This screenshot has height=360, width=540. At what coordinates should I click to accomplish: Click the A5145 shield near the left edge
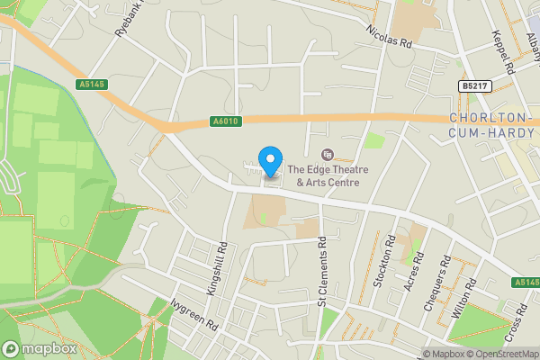point(91,85)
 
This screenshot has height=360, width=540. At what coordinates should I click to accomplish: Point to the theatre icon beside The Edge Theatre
point(327,155)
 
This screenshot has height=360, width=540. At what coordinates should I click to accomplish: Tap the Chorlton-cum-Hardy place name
point(491,126)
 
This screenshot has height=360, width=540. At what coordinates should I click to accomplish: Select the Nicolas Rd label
point(388,34)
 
